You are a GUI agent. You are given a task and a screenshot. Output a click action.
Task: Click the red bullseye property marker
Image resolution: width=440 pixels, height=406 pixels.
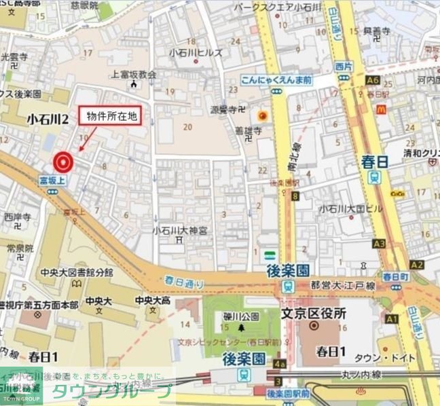point(63,162)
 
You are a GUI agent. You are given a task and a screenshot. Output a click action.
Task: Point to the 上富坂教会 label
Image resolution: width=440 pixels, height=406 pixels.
point(134,75)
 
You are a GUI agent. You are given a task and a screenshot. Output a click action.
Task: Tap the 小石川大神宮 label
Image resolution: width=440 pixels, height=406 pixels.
point(180,230)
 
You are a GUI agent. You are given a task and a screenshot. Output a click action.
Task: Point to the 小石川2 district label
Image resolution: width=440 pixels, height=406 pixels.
point(48,119)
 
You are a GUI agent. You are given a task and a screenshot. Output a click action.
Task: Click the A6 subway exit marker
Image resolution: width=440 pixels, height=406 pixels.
point(371,80)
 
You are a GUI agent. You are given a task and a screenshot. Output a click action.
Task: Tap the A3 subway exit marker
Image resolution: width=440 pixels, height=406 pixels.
point(379,243)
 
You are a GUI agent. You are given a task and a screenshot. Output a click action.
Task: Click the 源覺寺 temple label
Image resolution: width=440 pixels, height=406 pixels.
point(227,109)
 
